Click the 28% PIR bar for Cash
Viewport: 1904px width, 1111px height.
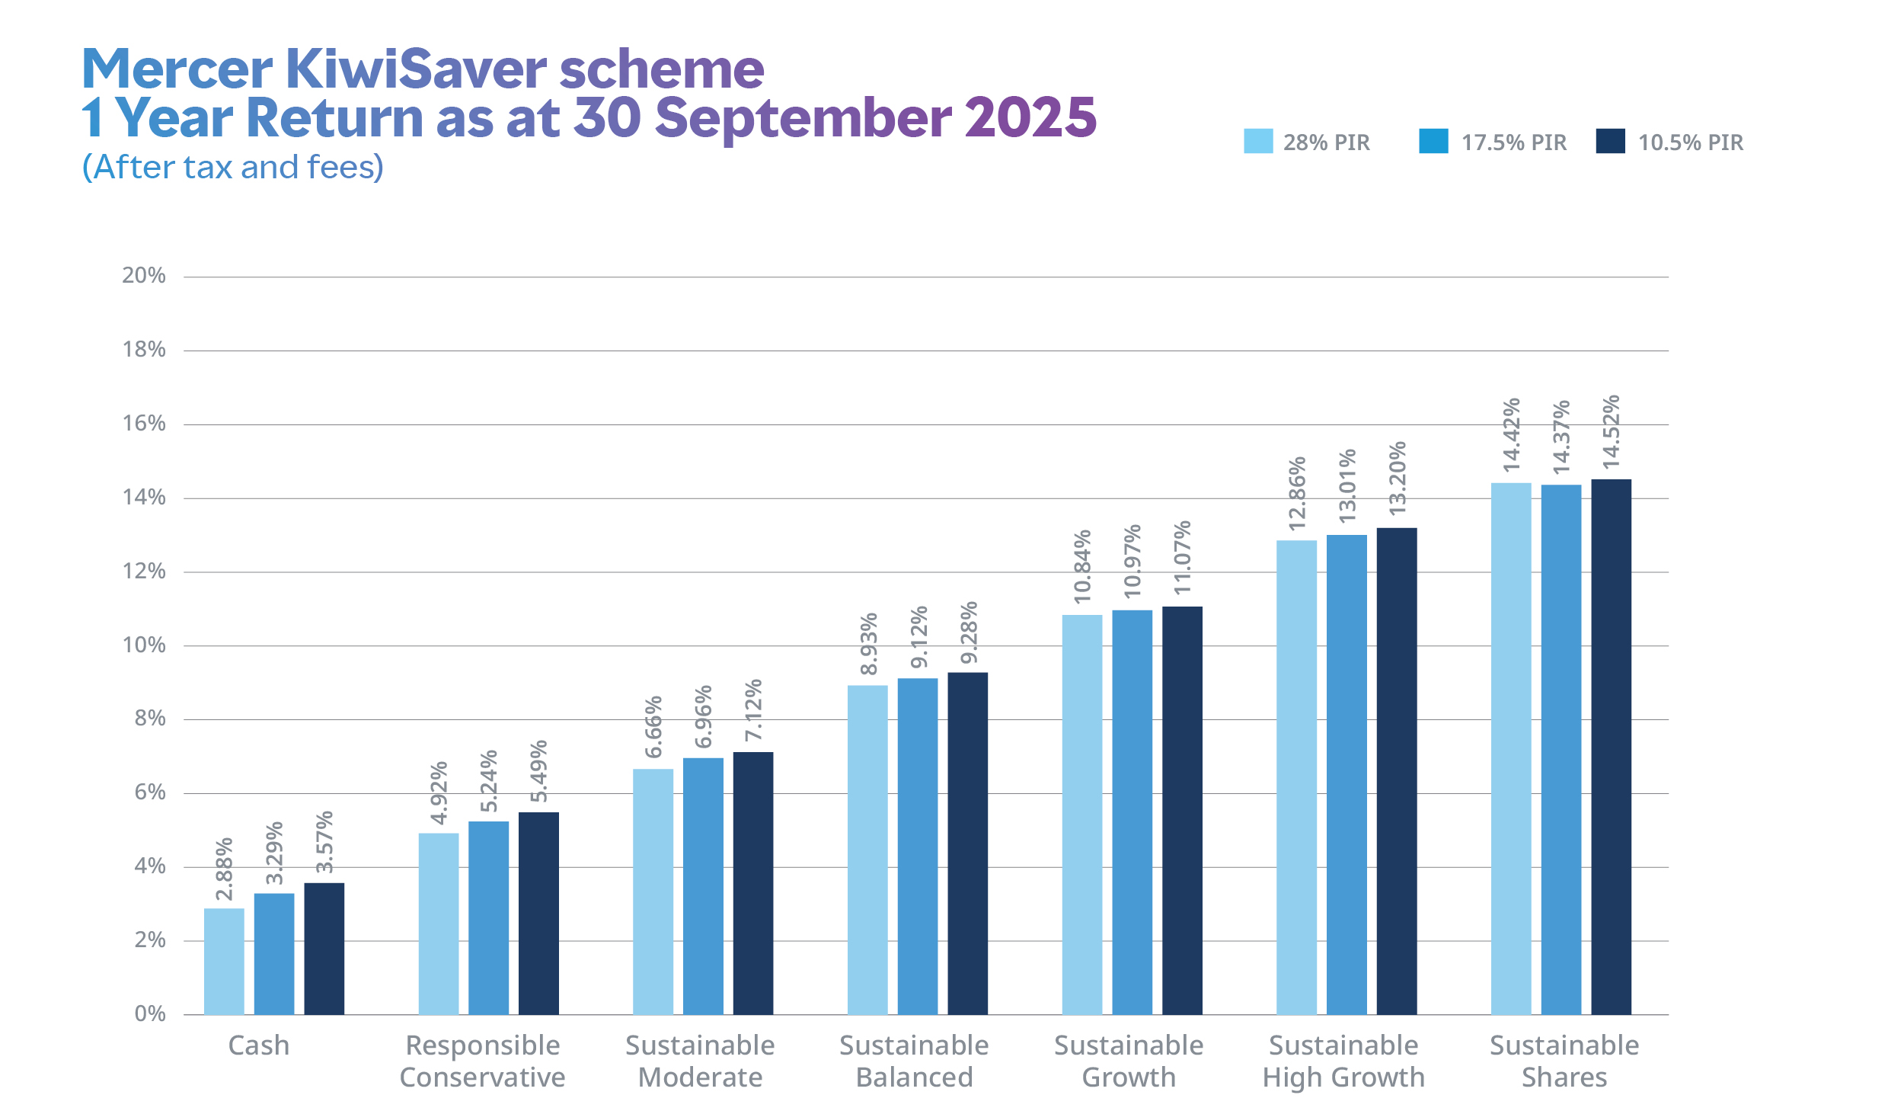tap(224, 961)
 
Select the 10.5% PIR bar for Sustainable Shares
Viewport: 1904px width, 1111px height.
tap(1611, 747)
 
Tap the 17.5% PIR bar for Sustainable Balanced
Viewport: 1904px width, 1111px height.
tap(917, 846)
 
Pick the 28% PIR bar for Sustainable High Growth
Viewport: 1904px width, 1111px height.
tap(1296, 777)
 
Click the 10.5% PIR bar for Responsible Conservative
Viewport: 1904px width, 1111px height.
tap(538, 913)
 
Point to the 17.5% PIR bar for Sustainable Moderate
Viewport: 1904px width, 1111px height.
tap(703, 885)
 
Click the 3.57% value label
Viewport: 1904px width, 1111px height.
tap(324, 841)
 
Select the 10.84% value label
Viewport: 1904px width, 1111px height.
tap(1082, 567)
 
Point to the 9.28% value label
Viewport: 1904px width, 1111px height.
tap(969, 632)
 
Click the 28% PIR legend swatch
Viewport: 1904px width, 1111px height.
tap(1257, 141)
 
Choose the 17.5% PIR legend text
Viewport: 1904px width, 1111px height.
tap(1513, 142)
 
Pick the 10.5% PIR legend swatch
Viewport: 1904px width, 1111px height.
tap(1610, 141)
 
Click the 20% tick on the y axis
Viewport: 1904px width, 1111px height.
tap(144, 275)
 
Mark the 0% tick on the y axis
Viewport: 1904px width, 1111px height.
tap(150, 1013)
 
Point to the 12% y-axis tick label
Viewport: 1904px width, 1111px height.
tap(144, 571)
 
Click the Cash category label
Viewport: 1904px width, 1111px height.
tap(259, 1045)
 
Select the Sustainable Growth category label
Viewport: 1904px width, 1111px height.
tap(1129, 1061)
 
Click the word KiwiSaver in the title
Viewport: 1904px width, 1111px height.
tap(417, 69)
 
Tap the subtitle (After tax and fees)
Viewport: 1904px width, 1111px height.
tap(233, 167)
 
